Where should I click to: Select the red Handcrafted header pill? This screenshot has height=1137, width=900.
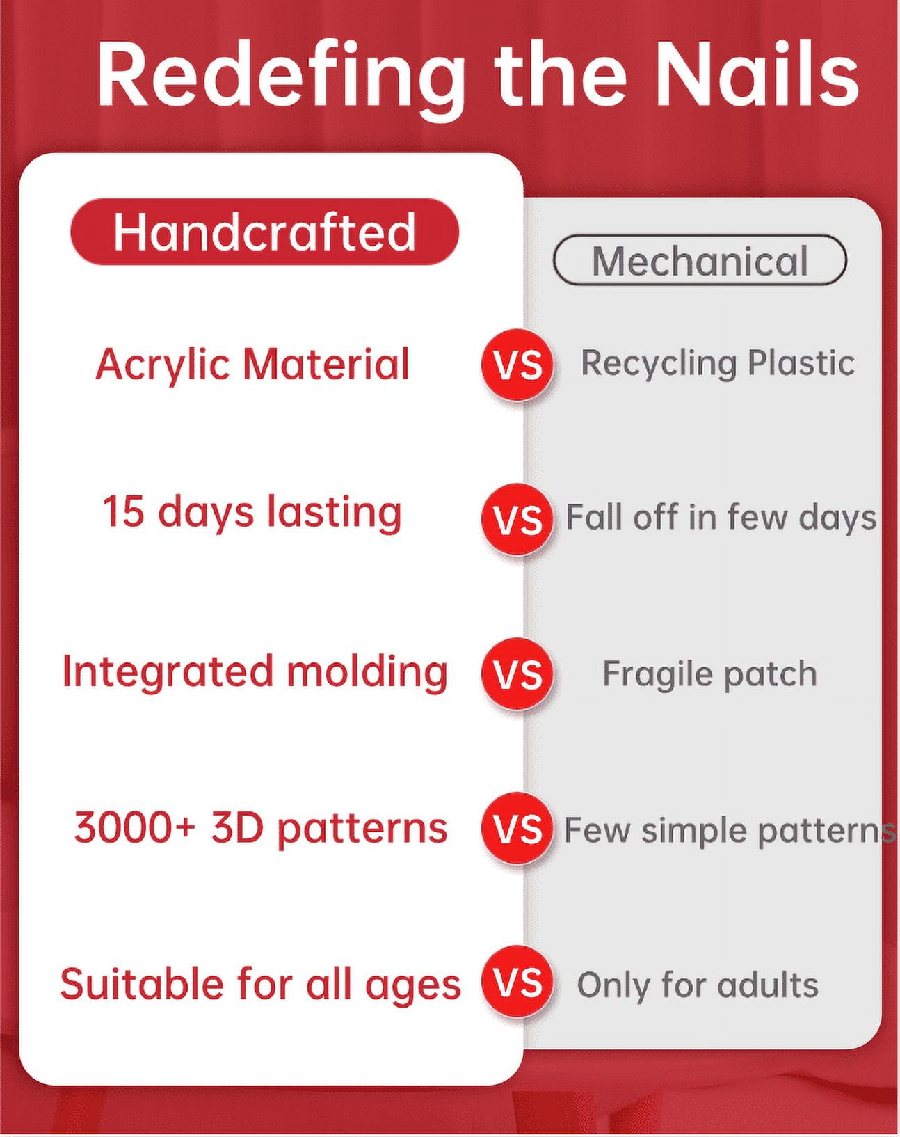pos(264,231)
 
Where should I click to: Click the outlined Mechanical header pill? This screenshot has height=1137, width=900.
pos(700,260)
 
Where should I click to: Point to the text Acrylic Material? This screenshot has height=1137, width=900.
pos(252,364)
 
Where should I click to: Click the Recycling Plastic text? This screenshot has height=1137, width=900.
pos(718,363)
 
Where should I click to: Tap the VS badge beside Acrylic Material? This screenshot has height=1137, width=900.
pos(517,364)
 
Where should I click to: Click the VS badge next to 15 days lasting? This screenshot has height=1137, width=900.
pos(517,518)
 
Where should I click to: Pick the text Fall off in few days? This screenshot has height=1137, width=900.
pos(721,516)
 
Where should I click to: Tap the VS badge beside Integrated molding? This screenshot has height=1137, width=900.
pos(517,674)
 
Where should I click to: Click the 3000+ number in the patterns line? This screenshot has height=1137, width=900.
pos(135,827)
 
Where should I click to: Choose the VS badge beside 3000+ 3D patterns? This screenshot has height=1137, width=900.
pos(517,828)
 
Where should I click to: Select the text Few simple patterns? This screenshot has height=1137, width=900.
pos(730,829)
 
